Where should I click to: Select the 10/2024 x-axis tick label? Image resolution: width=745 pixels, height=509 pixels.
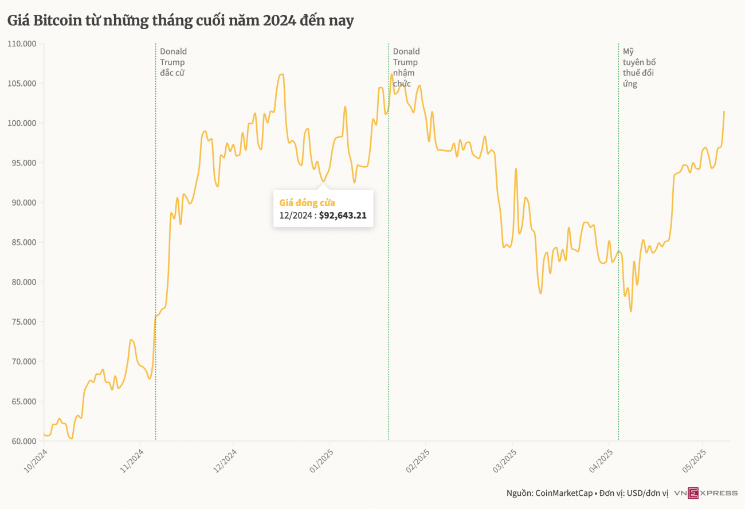pyautogui.click(x=35, y=461)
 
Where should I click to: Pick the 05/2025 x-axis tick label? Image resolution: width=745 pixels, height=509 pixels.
pyautogui.click(x=694, y=461)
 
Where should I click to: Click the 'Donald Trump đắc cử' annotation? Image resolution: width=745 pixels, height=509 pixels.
pyautogui.click(x=173, y=62)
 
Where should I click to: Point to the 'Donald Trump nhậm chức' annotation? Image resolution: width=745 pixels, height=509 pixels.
pyautogui.click(x=406, y=68)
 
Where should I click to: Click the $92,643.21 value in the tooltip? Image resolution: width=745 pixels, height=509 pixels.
pyautogui.click(x=343, y=216)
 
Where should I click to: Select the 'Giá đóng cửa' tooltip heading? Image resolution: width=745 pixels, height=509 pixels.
pyautogui.click(x=307, y=203)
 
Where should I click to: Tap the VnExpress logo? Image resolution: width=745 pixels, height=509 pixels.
pyautogui.click(x=705, y=493)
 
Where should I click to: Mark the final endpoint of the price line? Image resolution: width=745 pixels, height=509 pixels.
pyautogui.click(x=724, y=111)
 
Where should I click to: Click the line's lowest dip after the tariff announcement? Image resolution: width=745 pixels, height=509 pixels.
pyautogui.click(x=631, y=311)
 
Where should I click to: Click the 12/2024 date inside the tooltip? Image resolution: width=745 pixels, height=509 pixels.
pyautogui.click(x=295, y=216)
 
